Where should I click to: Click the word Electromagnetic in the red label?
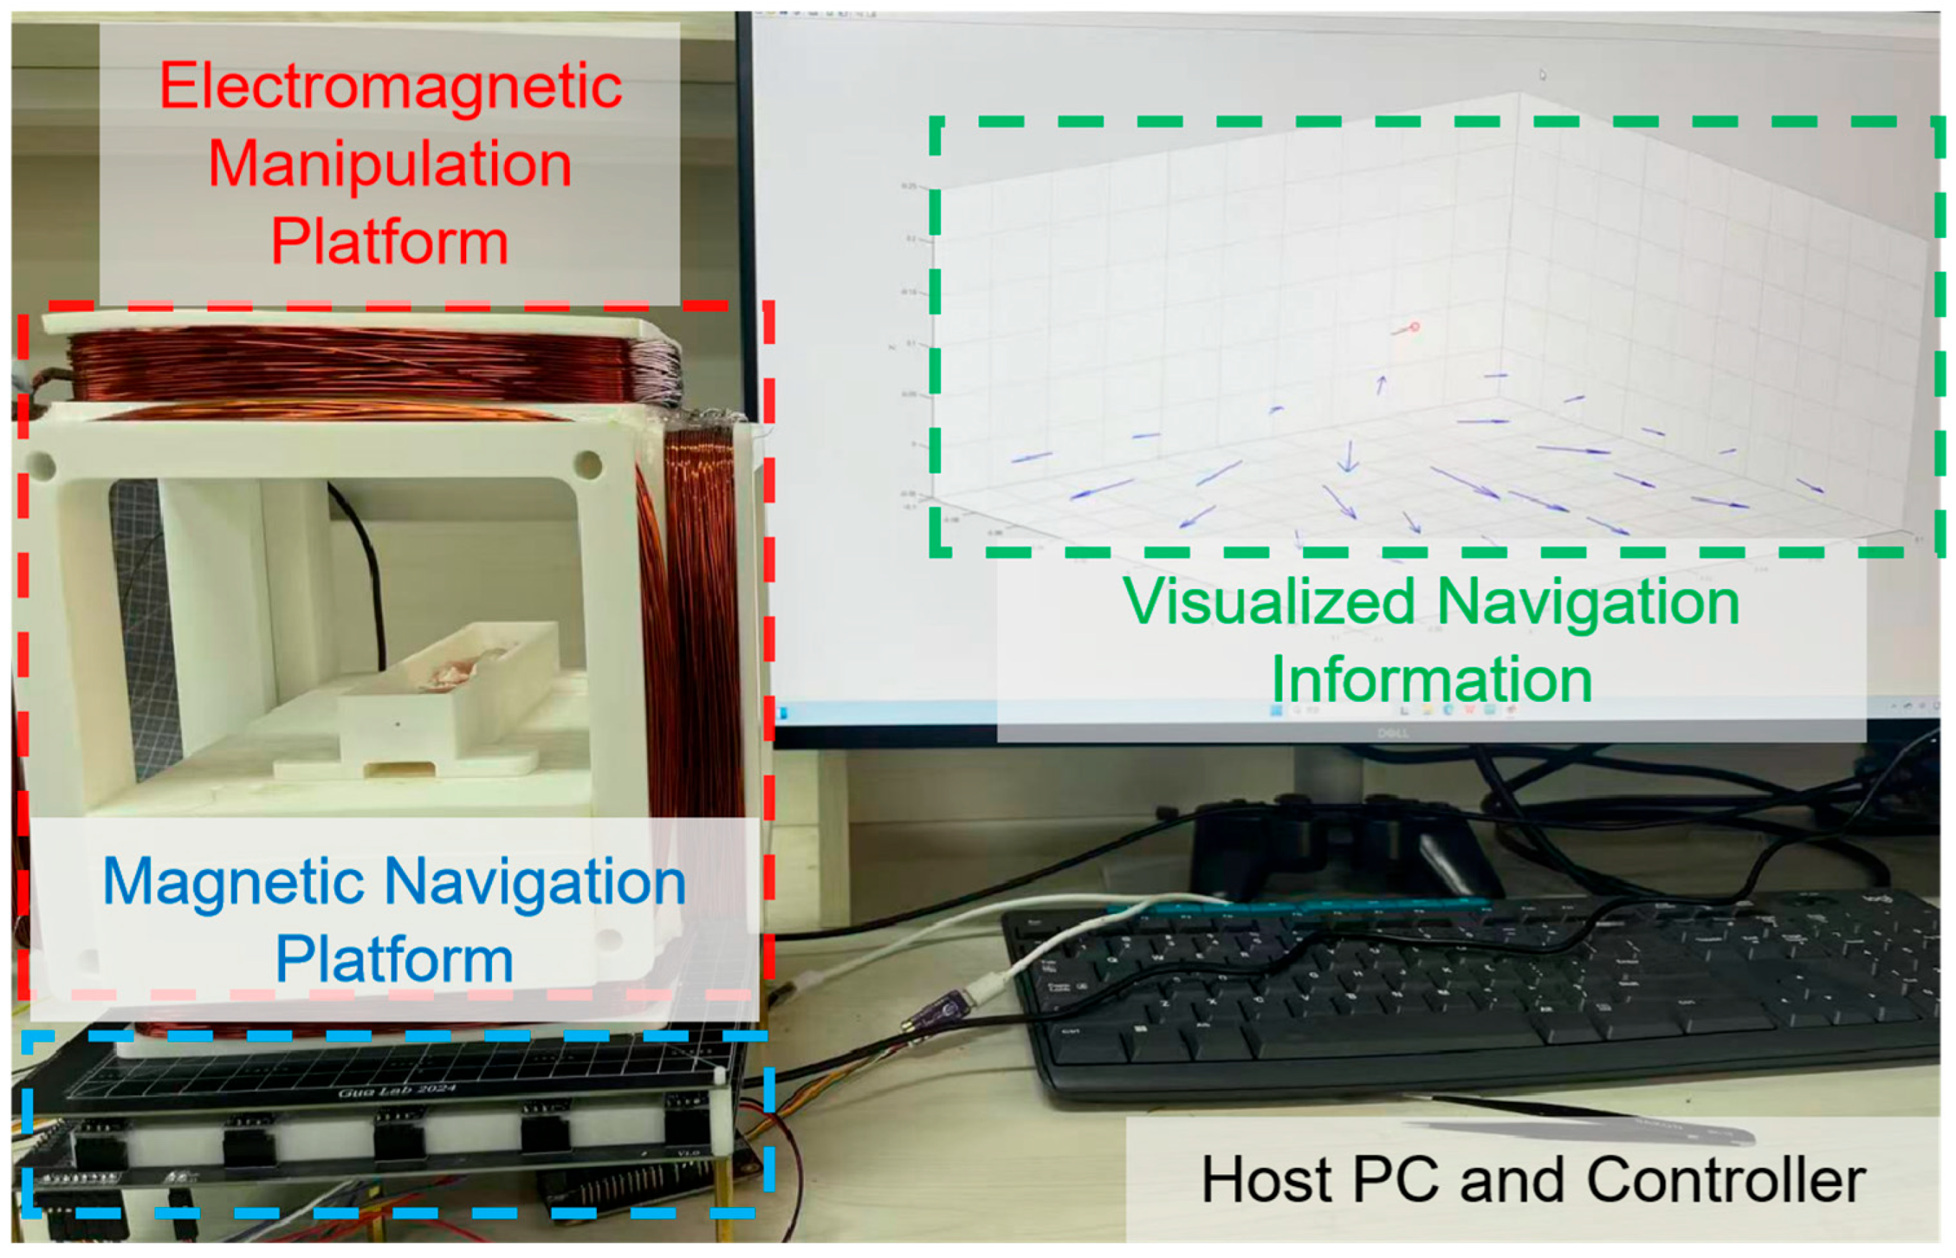coord(390,87)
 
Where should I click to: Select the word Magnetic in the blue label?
coord(233,882)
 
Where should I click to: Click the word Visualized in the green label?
coord(1269,602)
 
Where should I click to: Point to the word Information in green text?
coord(1432,680)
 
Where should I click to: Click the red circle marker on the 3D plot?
coord(1414,327)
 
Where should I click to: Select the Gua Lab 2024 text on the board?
coord(397,1091)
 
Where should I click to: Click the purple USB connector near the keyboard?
coord(939,1009)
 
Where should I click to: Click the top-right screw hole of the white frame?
coord(588,466)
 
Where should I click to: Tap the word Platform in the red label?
coord(390,242)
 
